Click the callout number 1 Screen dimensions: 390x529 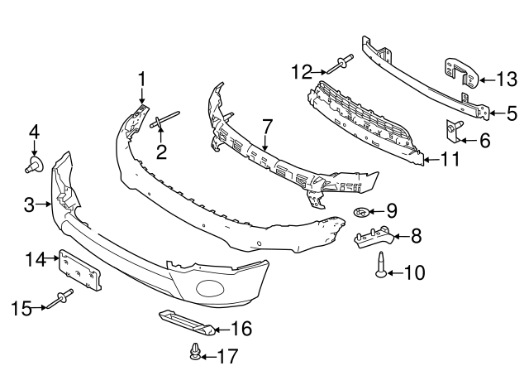(x=141, y=79)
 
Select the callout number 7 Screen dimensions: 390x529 (x=266, y=126)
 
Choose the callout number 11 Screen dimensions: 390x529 (x=450, y=158)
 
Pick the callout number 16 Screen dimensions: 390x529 (x=241, y=329)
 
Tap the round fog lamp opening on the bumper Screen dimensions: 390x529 (x=210, y=290)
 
